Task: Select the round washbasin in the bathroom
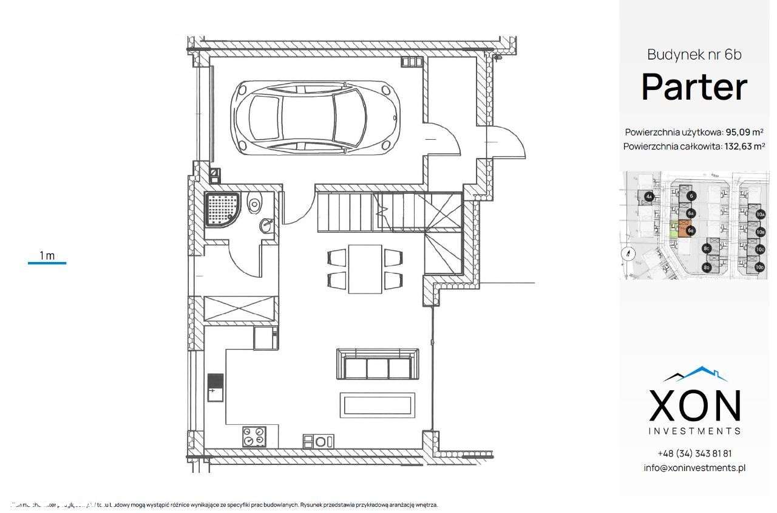(266, 226)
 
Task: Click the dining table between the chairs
(365, 268)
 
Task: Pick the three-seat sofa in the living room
(378, 365)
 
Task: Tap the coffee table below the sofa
(377, 405)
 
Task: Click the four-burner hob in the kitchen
(254, 436)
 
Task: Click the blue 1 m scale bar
(47, 263)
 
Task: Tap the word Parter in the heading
(694, 87)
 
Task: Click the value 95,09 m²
(744, 132)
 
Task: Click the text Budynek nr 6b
(694, 55)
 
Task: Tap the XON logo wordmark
(694, 405)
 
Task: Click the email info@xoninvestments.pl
(694, 467)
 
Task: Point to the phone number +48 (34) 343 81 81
(694, 453)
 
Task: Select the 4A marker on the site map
(649, 196)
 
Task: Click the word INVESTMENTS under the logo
(694, 431)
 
